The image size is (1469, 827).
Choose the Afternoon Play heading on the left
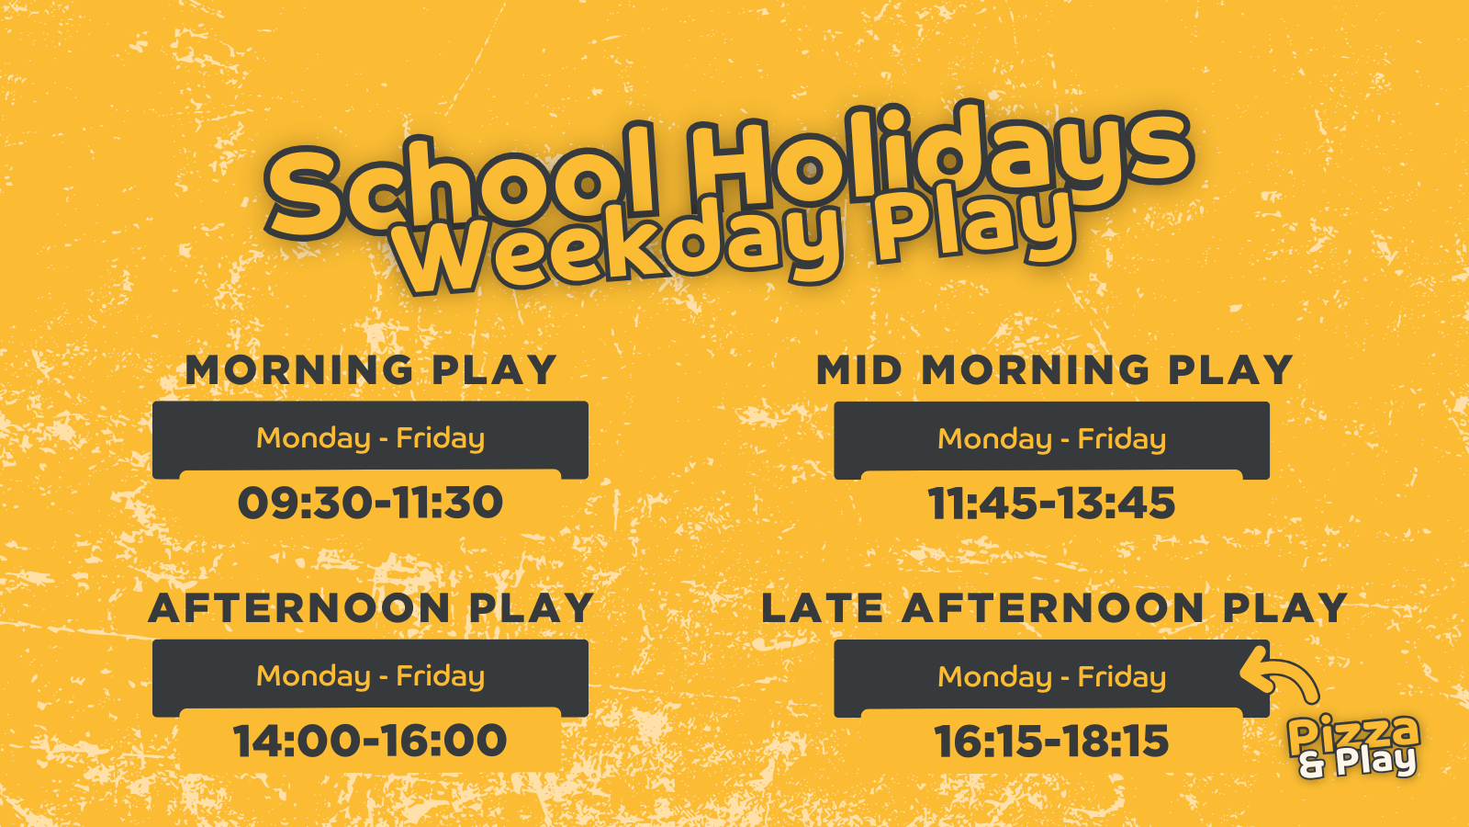coord(371,607)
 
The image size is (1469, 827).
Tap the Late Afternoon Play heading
coord(1054,607)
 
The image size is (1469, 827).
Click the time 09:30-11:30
coord(371,503)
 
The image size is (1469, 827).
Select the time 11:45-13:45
coord(1052,504)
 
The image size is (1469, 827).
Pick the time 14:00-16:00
coord(371,741)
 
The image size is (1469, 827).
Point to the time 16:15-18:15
coord(1052,742)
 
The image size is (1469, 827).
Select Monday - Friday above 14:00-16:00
coord(371,677)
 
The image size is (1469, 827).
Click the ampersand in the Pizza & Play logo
coord(1313,765)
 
